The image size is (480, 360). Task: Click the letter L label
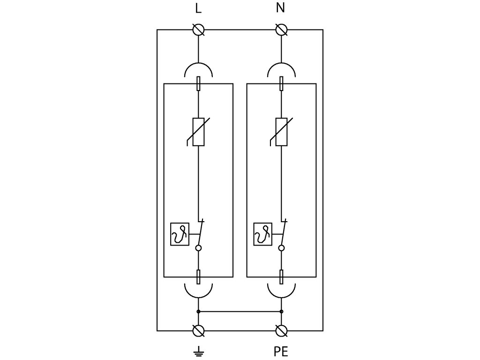click(198, 8)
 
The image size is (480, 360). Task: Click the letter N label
click(280, 8)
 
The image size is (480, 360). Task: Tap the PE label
click(281, 352)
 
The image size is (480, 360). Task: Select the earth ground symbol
click(199, 352)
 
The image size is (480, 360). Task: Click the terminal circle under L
click(198, 30)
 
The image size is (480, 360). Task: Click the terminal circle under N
click(281, 30)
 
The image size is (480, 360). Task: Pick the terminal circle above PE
click(281, 331)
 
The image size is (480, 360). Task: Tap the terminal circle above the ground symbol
click(198, 331)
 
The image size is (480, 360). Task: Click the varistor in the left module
click(198, 132)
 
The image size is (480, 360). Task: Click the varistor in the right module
click(281, 132)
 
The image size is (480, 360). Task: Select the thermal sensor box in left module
click(180, 234)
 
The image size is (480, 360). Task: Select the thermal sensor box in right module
click(262, 234)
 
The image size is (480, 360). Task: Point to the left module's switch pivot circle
click(198, 248)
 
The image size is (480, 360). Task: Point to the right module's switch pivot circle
click(281, 248)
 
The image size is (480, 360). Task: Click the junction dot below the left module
click(198, 312)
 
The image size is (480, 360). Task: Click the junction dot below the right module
click(281, 312)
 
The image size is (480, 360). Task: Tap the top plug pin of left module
click(198, 83)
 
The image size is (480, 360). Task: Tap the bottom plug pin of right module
click(281, 277)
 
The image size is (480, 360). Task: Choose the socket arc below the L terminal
click(198, 64)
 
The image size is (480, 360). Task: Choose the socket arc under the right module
click(281, 297)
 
